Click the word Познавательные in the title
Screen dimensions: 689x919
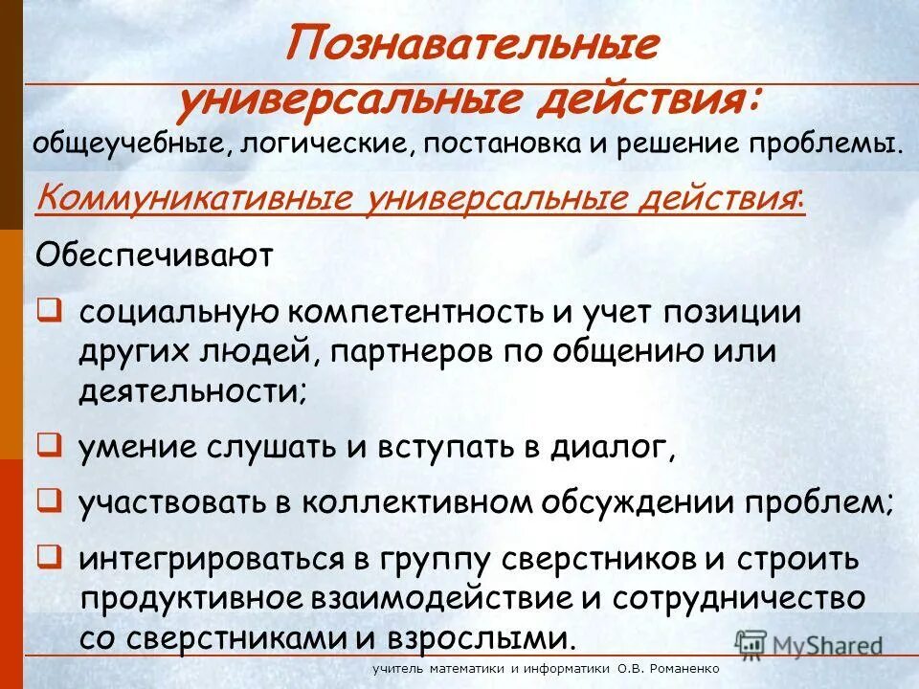(x=473, y=45)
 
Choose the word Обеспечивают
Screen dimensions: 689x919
(x=154, y=256)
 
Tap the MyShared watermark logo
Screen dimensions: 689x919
(x=810, y=643)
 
